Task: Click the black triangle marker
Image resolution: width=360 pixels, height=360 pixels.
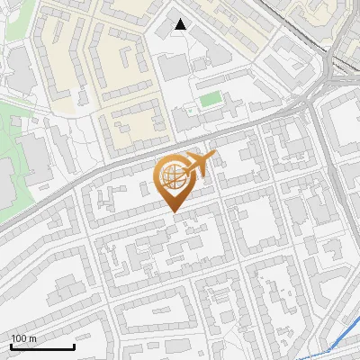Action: (x=181, y=25)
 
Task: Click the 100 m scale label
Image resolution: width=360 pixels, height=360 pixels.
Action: (x=23, y=338)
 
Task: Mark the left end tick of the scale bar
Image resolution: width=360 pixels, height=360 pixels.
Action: (x=10, y=346)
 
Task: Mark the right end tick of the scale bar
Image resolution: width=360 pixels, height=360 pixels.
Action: (x=74, y=346)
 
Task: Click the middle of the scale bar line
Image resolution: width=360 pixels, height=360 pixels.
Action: (x=41, y=347)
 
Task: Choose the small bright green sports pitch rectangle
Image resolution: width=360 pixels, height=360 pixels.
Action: (x=210, y=98)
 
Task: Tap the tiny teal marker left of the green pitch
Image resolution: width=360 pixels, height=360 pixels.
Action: (x=190, y=111)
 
